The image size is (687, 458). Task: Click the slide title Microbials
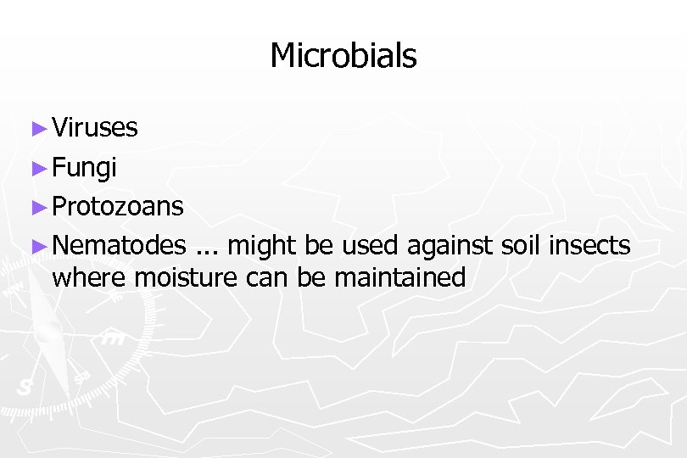343,57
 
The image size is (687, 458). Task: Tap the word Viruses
95,128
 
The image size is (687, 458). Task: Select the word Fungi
84,168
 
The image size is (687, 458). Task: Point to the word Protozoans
117,206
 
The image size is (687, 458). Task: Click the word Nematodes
119,246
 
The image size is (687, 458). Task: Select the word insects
590,246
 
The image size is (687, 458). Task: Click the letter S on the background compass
25,387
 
